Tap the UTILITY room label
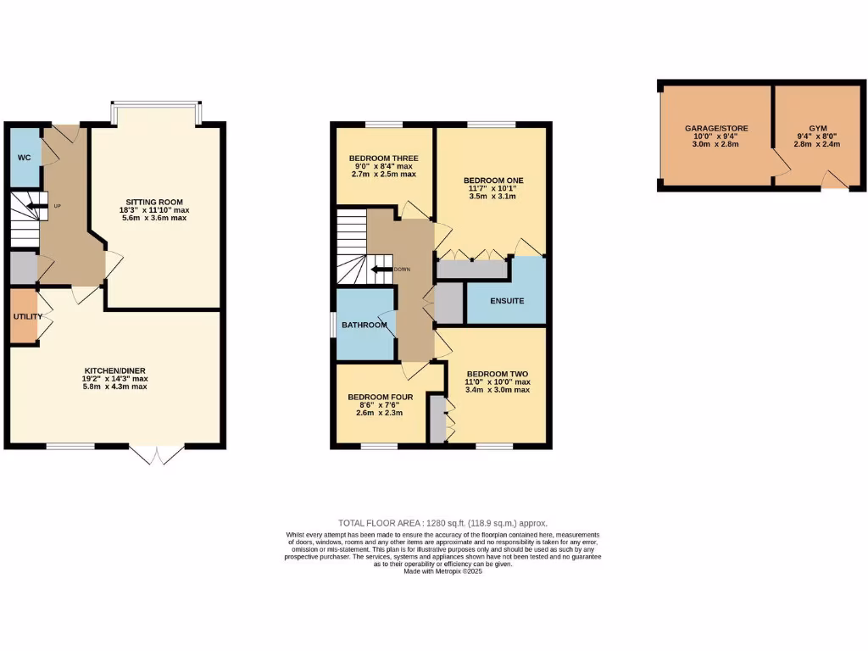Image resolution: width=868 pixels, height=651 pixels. (27, 316)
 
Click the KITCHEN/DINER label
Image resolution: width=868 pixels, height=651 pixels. (115, 370)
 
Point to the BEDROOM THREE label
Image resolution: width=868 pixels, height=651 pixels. (383, 158)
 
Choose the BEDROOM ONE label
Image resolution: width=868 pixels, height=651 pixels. (493, 181)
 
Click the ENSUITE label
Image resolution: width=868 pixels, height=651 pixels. (507, 301)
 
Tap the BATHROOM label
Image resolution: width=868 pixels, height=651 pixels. (364, 325)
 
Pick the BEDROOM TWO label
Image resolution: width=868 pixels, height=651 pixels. (498, 374)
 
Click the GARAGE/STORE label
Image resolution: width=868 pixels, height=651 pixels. (716, 128)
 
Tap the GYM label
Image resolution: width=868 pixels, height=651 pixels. (817, 128)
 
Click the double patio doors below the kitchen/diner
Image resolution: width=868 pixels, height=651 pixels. (159, 455)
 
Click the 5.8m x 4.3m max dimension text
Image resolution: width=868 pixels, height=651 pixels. (115, 387)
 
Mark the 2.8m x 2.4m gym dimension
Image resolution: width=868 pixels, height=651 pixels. (817, 144)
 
